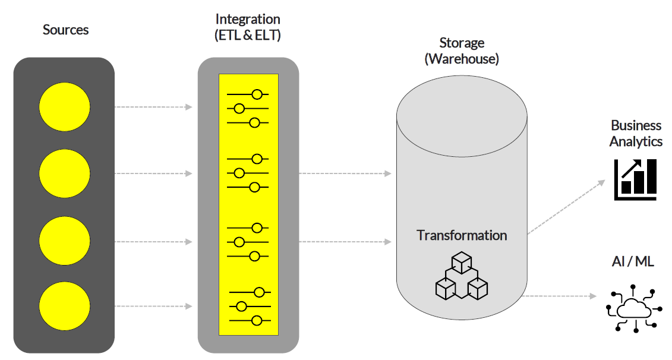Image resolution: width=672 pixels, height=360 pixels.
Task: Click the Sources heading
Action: point(65,30)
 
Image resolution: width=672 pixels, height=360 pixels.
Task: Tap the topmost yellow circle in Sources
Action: point(64,107)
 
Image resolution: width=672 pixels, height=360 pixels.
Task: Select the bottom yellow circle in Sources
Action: point(64,307)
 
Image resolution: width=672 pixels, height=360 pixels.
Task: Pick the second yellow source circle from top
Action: point(64,173)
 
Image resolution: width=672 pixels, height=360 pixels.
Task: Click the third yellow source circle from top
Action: point(64,241)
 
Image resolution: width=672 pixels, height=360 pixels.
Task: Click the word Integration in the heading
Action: point(248,20)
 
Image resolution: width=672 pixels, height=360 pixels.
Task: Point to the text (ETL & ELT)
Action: point(248,35)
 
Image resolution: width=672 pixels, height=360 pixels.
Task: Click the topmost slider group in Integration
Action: point(248,109)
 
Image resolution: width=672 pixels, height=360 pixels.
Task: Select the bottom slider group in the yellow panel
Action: point(250,307)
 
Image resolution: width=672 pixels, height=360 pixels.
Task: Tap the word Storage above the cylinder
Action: point(462,43)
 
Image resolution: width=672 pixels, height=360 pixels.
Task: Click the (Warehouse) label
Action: point(462,59)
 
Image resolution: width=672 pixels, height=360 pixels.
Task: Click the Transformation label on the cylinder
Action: point(462,235)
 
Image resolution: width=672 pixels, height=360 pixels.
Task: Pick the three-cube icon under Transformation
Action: point(462,275)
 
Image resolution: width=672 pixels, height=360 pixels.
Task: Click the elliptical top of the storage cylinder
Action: point(462,115)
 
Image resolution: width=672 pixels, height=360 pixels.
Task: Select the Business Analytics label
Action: point(636,134)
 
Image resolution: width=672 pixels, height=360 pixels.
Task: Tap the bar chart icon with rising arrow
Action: point(635,179)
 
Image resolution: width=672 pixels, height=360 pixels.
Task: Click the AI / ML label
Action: point(633,261)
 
